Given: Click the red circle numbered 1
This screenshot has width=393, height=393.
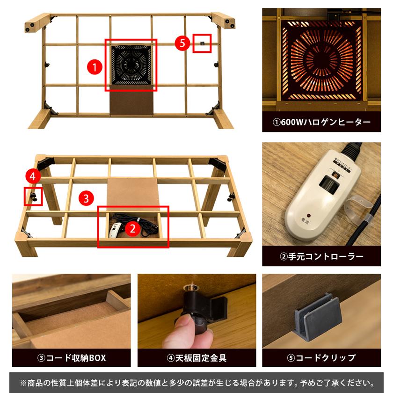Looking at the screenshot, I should click(95, 67).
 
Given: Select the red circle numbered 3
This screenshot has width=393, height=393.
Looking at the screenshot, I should click(86, 198).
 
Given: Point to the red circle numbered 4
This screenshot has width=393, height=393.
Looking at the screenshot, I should click(32, 176).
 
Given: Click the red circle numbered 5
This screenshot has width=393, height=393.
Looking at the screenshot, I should click(182, 44).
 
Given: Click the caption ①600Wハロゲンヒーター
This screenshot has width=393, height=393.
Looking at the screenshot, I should click(321, 122).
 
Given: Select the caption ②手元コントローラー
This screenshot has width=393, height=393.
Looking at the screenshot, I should click(321, 256).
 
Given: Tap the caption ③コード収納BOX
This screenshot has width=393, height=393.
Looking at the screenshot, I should click(72, 358).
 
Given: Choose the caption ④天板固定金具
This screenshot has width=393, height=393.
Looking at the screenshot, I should click(196, 358).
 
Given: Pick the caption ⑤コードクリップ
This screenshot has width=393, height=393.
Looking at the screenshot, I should click(321, 358).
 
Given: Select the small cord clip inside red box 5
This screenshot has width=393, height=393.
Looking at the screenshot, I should click(202, 44).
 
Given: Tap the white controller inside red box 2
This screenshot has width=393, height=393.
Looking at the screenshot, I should click(115, 229).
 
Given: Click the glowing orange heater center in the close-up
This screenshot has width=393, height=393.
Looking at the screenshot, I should click(321, 59).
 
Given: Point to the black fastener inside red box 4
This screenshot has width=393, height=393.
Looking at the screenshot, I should click(34, 196).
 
